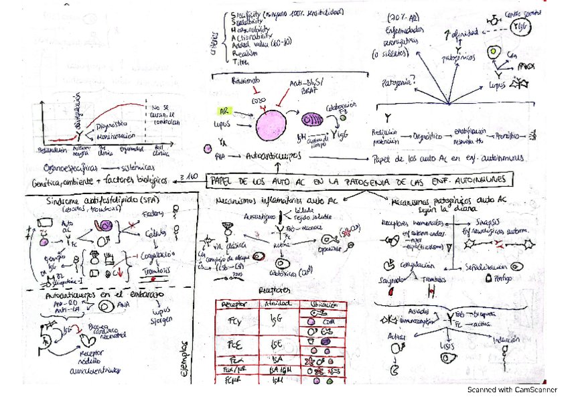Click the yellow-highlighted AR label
tap(223, 111)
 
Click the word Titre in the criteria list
tap(240, 62)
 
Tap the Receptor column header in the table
tap(234, 303)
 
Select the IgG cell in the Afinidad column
tap(277, 319)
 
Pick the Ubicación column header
tap(319, 303)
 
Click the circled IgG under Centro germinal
tap(519, 25)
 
